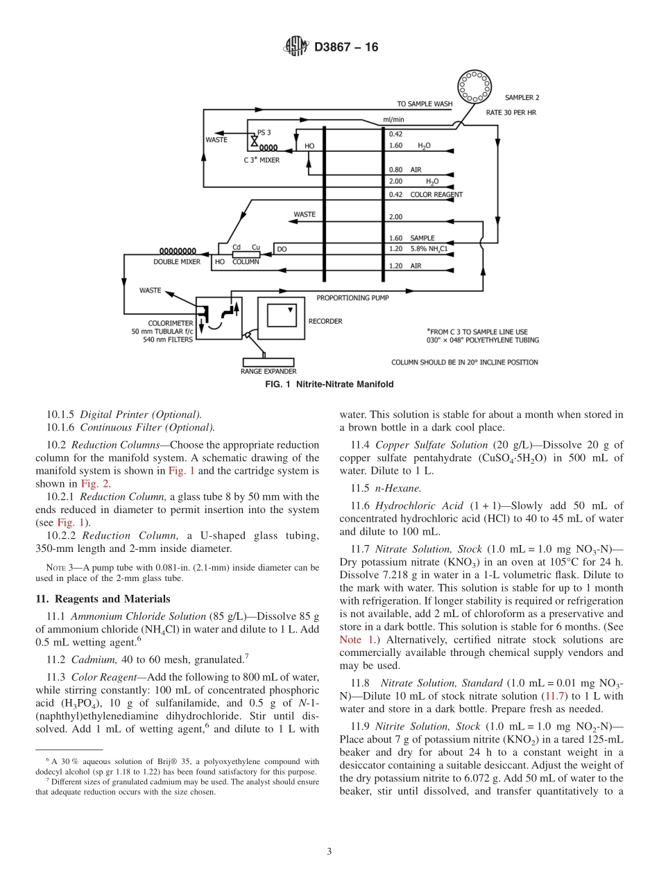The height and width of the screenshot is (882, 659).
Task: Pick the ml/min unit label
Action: click(x=393, y=119)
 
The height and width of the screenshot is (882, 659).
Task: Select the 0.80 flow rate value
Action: click(x=395, y=170)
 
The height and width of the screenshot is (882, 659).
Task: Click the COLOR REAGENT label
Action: click(x=436, y=195)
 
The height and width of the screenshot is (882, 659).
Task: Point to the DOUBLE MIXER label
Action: click(x=177, y=262)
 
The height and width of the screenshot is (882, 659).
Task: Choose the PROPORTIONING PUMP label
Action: click(x=352, y=297)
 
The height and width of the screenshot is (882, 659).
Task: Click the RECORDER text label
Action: click(x=325, y=322)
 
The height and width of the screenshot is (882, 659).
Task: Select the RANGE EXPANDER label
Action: click(x=268, y=372)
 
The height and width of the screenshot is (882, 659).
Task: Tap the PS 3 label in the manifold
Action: click(x=264, y=132)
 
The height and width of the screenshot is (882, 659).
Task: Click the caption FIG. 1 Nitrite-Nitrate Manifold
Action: click(x=329, y=384)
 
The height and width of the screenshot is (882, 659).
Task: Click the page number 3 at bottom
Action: click(x=329, y=851)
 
